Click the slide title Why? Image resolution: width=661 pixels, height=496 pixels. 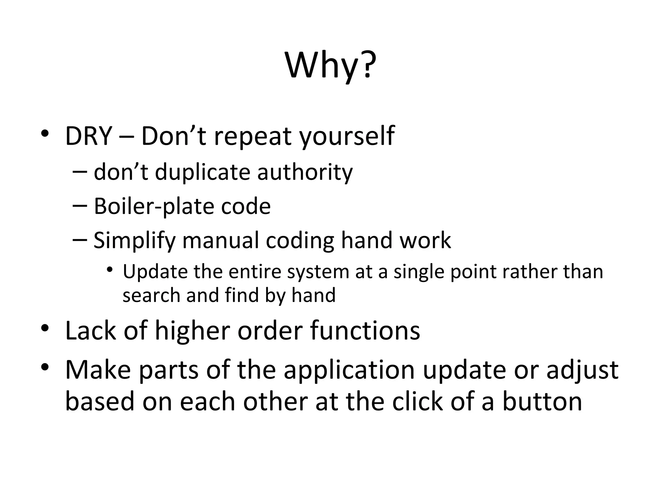point(330,66)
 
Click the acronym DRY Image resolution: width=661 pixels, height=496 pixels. point(88,136)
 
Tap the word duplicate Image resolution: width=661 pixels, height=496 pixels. point(202,172)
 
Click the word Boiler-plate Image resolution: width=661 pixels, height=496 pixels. point(154,207)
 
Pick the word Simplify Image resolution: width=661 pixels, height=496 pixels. point(134,241)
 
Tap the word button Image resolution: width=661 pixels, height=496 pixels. point(542,402)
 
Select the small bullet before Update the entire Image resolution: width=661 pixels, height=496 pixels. point(110,269)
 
